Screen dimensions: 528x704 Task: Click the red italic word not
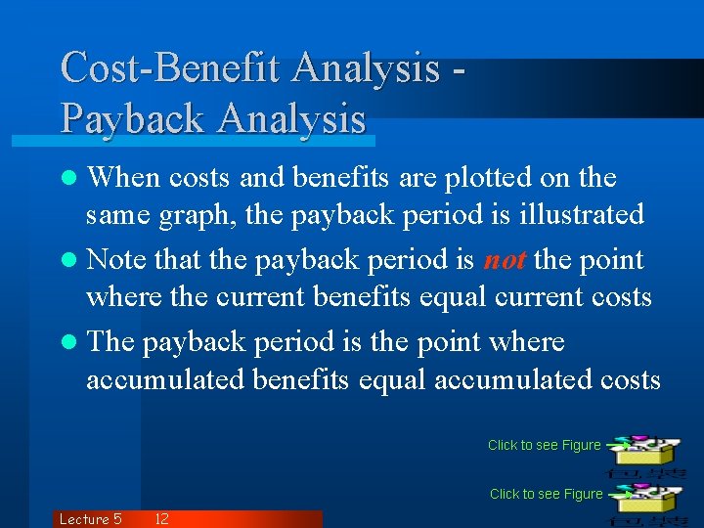click(506, 260)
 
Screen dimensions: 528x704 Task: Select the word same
click(114, 215)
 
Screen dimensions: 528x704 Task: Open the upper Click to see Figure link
click(545, 445)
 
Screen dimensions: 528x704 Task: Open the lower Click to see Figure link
click(547, 494)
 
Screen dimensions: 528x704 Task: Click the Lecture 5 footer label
click(90, 519)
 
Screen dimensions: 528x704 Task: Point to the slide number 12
click(162, 519)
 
